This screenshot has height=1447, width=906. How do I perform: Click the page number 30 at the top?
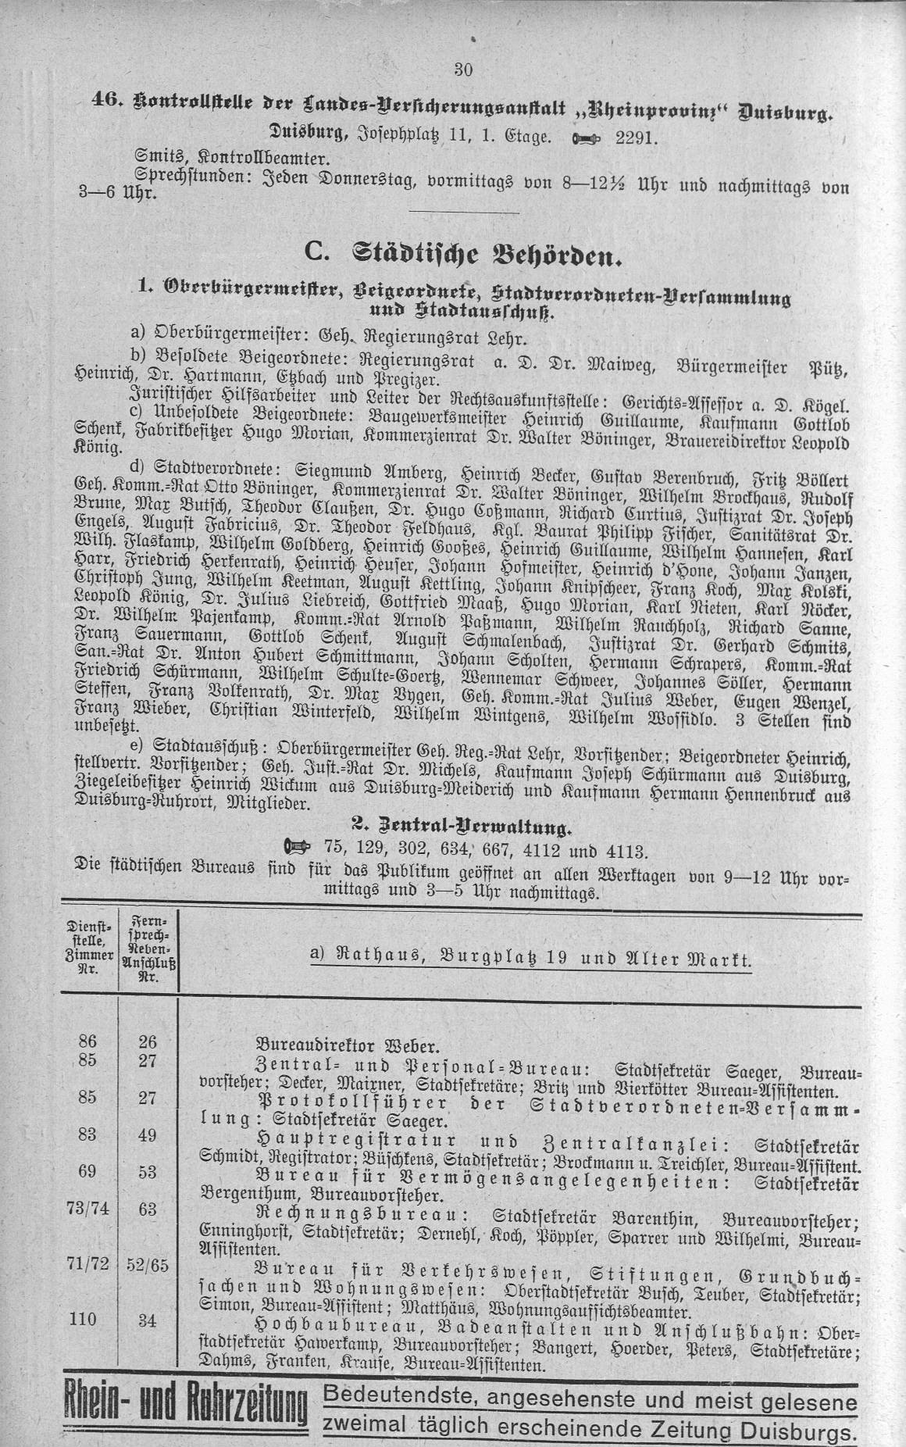click(x=463, y=70)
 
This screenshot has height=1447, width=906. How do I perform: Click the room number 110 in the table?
click(x=83, y=1320)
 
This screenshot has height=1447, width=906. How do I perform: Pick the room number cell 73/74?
click(x=87, y=1209)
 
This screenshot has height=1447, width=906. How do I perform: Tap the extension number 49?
click(x=147, y=1135)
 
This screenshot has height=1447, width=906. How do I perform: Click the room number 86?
click(x=87, y=1041)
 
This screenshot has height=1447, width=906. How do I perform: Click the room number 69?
click(x=87, y=1171)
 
